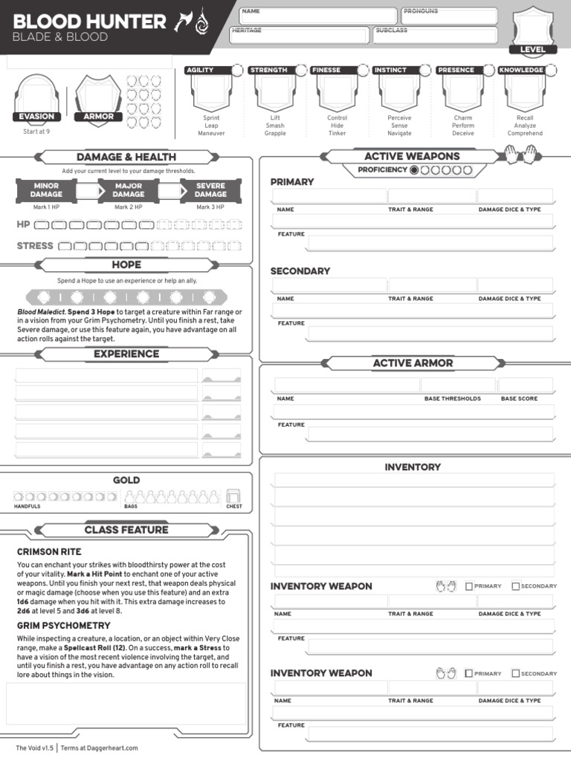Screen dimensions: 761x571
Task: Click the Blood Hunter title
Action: [x=89, y=22]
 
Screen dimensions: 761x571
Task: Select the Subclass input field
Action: [x=434, y=35]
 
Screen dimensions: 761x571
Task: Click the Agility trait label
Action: [x=201, y=70]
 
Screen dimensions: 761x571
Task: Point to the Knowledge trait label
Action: [x=520, y=70]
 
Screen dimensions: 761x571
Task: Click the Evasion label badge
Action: [x=36, y=117]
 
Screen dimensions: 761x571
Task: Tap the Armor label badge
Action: [x=99, y=117]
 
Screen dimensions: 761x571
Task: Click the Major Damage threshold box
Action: [x=129, y=190]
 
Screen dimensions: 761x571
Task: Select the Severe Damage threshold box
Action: [x=210, y=190]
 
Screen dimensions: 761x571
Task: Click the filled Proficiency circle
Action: [x=414, y=170]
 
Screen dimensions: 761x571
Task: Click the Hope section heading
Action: [x=126, y=265]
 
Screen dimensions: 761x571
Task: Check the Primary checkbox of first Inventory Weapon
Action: [x=469, y=586]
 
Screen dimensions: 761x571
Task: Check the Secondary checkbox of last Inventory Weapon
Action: [x=516, y=673]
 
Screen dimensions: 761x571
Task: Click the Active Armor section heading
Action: [x=413, y=363]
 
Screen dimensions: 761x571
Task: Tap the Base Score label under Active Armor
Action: [x=519, y=398]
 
